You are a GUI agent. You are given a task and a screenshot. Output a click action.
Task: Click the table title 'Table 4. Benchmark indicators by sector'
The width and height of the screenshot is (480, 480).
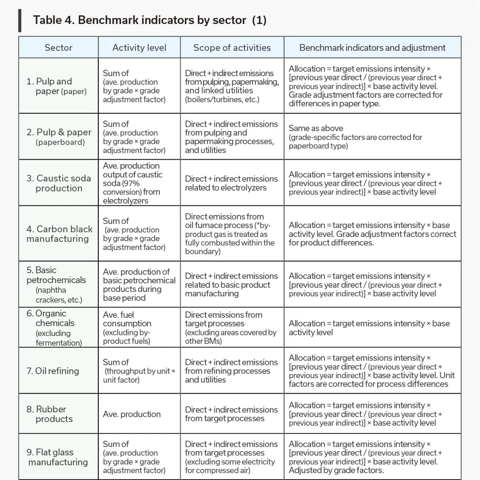(149, 20)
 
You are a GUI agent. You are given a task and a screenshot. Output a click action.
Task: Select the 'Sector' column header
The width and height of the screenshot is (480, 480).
(59, 48)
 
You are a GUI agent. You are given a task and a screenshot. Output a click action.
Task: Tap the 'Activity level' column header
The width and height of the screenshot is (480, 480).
(139, 48)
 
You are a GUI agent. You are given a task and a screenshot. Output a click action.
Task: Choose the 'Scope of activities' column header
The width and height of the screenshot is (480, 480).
(232, 48)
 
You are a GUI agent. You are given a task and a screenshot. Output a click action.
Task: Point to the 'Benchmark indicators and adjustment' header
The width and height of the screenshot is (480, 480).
(372, 48)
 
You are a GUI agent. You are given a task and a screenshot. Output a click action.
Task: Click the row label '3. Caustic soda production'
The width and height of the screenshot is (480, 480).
(58, 183)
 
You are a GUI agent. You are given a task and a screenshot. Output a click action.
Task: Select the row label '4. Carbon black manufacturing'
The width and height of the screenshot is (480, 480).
(59, 234)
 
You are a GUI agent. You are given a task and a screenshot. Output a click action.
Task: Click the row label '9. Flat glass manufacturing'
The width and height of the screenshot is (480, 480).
(58, 457)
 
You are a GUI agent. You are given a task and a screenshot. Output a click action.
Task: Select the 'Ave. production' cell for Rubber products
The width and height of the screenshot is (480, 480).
(132, 414)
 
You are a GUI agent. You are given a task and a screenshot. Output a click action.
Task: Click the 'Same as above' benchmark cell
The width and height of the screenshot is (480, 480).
(355, 137)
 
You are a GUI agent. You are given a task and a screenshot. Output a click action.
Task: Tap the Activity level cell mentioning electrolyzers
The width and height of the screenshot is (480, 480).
(132, 183)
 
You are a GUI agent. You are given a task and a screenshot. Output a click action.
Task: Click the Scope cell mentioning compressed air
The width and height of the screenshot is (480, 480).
(231, 457)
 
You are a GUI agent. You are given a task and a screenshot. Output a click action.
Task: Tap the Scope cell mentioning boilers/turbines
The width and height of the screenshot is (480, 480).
(231, 86)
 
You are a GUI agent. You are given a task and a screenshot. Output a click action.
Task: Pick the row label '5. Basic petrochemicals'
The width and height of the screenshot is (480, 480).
(56, 285)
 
